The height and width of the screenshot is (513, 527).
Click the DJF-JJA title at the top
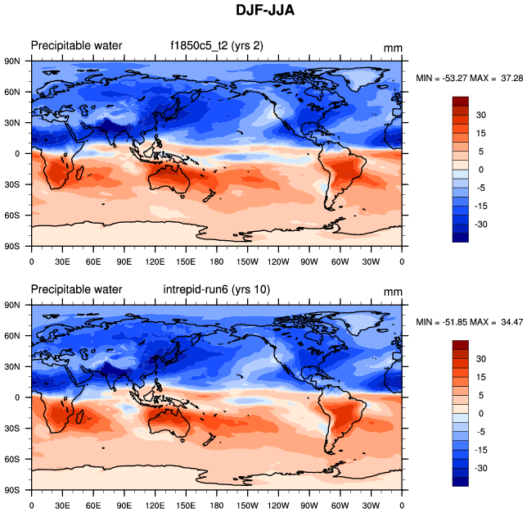(263, 11)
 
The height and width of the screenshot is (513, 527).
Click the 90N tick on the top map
(13, 61)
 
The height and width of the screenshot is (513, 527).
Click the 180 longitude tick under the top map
(217, 262)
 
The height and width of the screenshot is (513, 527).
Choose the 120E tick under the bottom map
(155, 506)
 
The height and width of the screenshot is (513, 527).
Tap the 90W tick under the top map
(309, 262)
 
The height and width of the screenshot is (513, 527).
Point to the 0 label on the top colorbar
(481, 170)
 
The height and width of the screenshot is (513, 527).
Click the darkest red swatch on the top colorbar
(461, 100)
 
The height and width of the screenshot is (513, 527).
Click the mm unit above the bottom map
(393, 291)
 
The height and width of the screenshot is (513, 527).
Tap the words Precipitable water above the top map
(76, 45)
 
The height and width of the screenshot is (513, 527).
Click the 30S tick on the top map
(13, 184)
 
